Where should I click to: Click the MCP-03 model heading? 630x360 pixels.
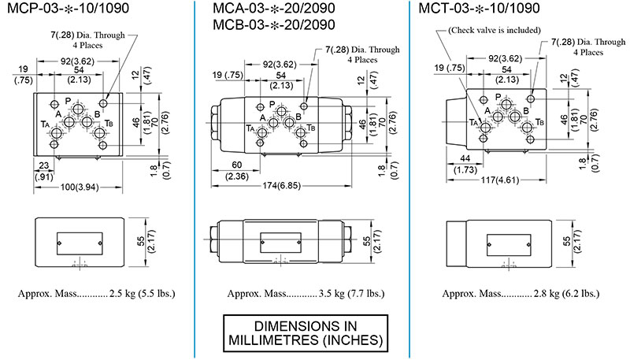[x=67, y=10]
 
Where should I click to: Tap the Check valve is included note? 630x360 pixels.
[x=493, y=30]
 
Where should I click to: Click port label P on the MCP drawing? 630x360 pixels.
[x=68, y=100]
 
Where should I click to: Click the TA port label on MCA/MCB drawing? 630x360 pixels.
[x=250, y=128]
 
